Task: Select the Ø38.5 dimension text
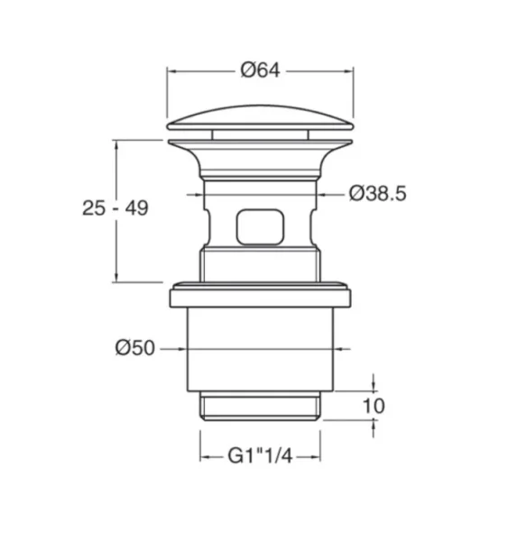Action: coord(377,193)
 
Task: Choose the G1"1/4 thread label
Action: coord(260,457)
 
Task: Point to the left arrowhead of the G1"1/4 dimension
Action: coord(205,457)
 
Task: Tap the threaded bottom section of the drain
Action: coord(260,408)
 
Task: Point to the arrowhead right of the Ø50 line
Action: coord(339,348)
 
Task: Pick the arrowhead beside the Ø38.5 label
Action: coord(319,193)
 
